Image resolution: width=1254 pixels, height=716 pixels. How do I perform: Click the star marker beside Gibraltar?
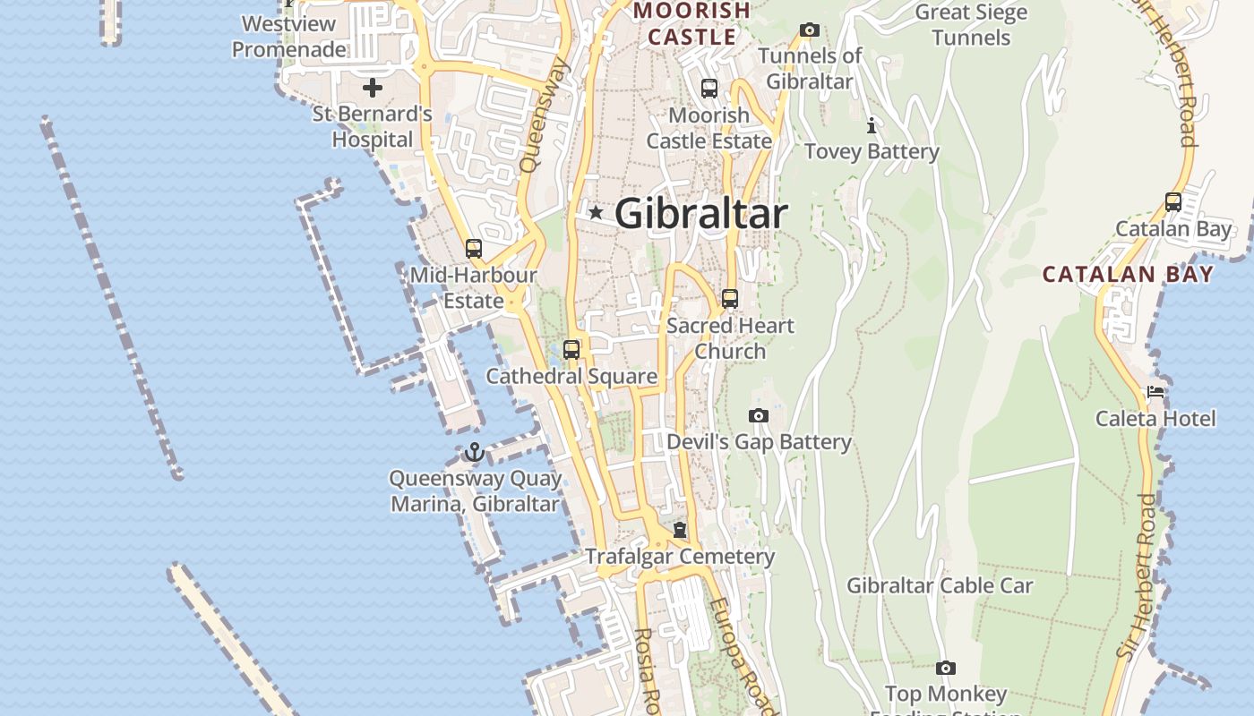596,213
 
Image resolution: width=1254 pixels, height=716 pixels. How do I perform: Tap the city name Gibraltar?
701,214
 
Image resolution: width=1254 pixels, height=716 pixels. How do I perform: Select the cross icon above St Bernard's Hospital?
372,88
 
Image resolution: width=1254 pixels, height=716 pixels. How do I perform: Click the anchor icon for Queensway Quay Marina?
475,453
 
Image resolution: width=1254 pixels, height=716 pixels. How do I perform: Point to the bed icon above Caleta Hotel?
1155,392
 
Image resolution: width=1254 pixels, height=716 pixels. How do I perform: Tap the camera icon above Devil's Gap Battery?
758,415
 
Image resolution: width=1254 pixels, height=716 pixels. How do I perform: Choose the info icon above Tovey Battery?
871,125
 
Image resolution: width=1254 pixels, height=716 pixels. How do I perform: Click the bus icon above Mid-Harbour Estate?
474,249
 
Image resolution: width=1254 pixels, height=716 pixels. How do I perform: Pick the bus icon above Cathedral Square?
571,350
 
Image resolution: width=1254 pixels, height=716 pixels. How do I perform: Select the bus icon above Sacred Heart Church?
730,299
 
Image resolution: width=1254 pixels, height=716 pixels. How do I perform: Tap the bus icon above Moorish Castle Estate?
709,89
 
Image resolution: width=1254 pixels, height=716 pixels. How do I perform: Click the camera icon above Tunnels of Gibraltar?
809,30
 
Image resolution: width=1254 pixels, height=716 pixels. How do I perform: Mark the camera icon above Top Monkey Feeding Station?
945,669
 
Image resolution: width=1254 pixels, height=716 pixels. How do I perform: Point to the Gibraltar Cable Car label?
940,586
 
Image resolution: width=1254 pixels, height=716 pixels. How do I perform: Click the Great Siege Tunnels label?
971,25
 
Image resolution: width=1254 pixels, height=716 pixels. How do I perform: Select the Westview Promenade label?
288,37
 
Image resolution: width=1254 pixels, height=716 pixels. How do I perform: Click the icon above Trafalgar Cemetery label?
680,530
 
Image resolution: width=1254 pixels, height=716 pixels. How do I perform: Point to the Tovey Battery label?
872,152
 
